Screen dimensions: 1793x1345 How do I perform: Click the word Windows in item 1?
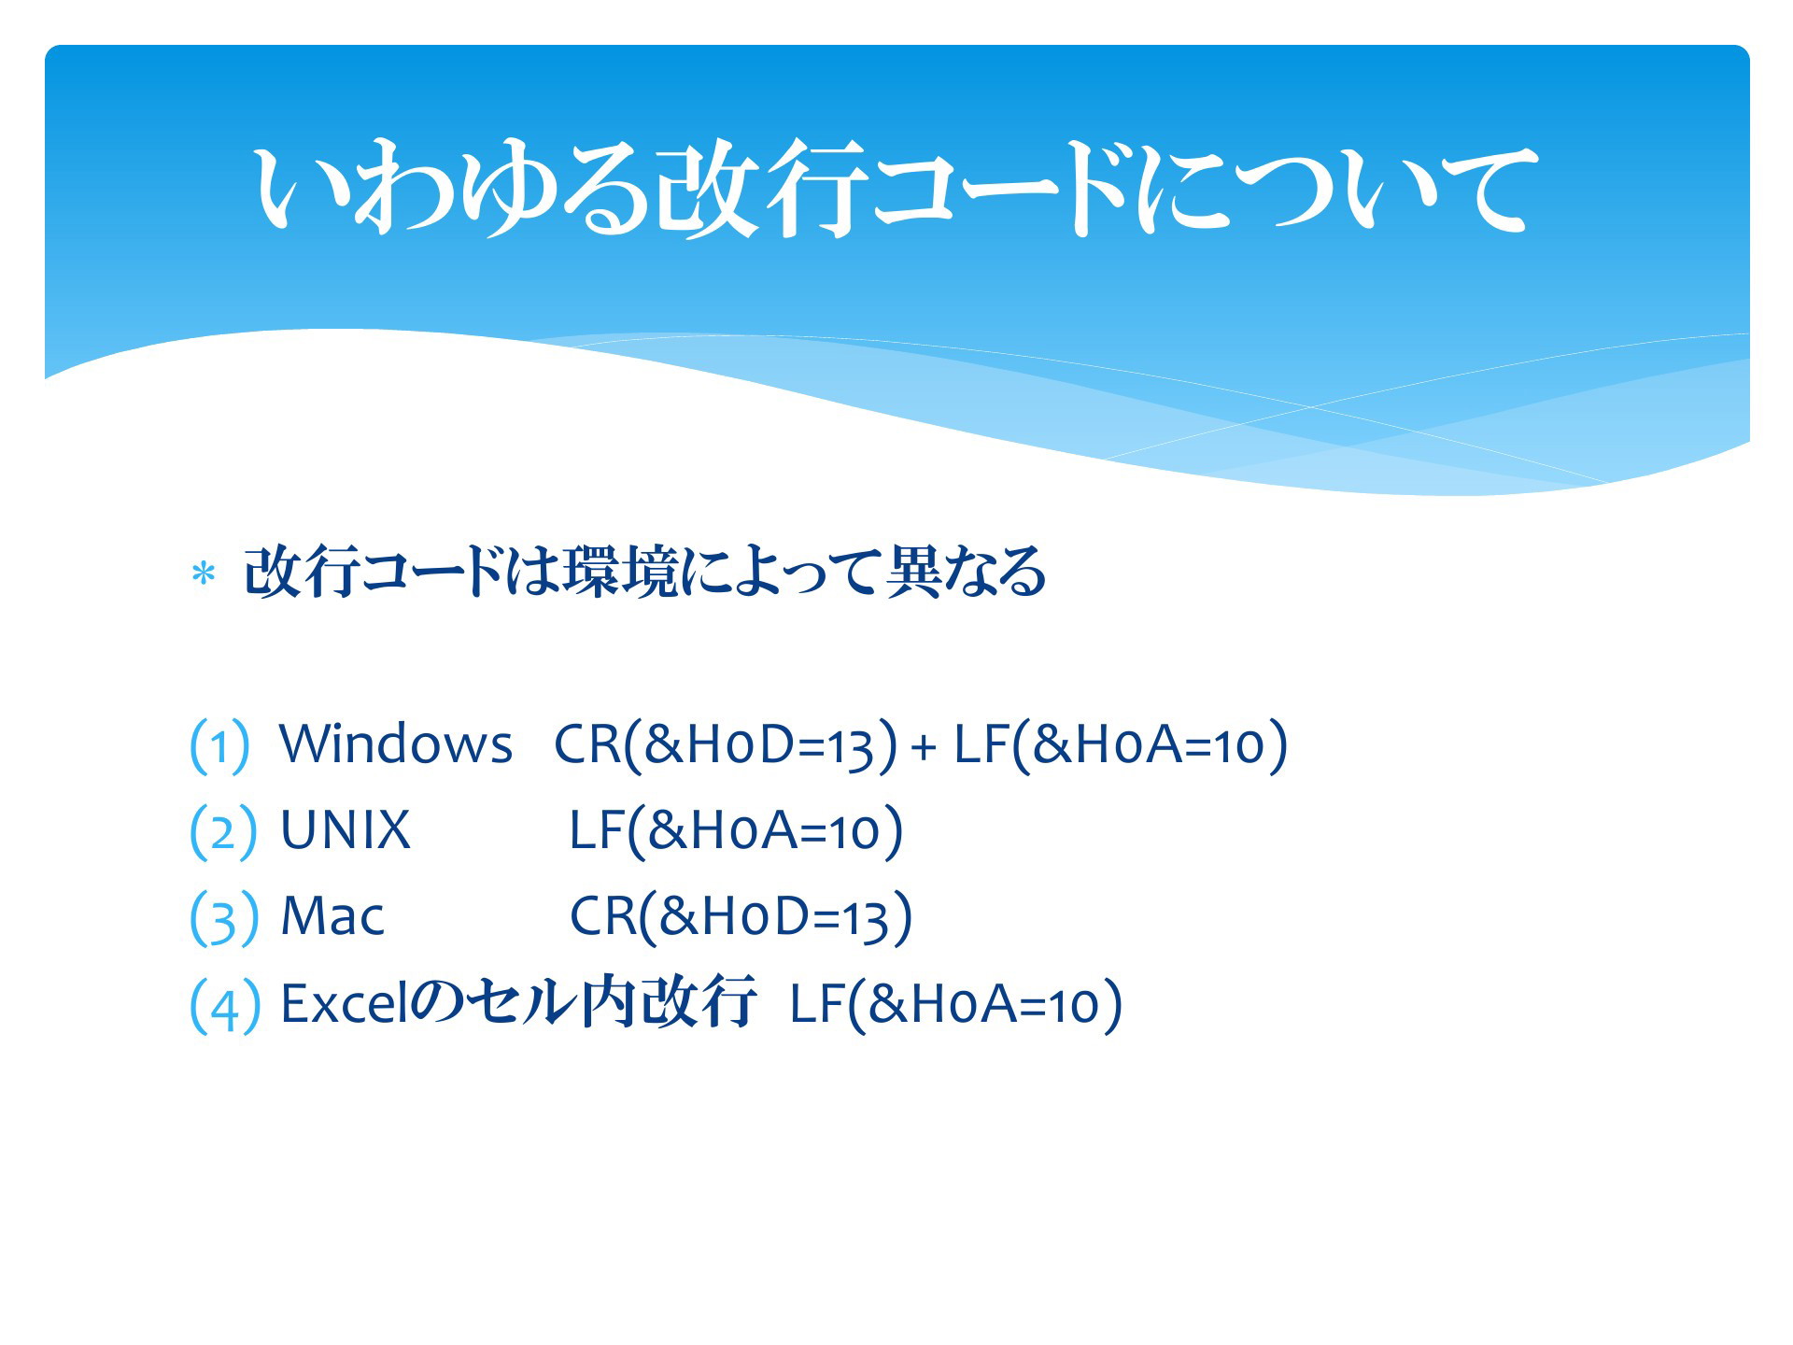coord(396,744)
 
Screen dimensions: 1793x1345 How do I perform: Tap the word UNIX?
coord(346,829)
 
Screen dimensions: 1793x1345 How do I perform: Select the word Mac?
coord(332,915)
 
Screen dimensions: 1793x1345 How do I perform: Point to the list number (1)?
coord(219,746)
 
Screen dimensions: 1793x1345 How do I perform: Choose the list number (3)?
coord(223,918)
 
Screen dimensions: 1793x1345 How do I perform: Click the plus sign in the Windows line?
coord(924,747)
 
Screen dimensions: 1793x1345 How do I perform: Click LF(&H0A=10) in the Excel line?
coord(956,1005)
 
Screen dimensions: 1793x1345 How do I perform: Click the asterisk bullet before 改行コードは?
coord(203,574)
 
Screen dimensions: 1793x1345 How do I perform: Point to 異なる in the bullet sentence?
coord(966,571)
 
